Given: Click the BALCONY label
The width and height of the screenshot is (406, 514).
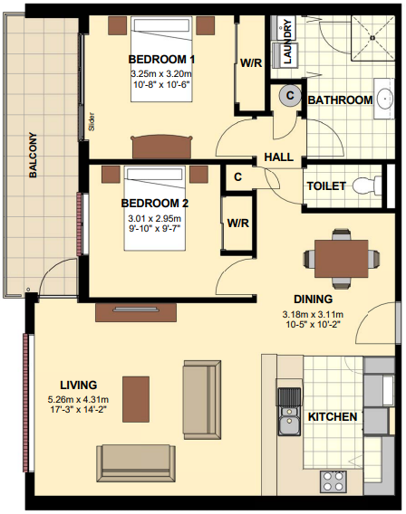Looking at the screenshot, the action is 33,155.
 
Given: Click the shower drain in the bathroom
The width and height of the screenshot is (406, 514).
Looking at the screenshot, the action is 372,37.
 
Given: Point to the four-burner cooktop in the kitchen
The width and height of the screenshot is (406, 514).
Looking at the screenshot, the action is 333,481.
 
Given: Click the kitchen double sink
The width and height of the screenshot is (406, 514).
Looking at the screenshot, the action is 289,412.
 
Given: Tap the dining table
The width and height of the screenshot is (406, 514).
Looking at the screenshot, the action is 341,259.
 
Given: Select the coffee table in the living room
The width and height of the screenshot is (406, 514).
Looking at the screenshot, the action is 136,399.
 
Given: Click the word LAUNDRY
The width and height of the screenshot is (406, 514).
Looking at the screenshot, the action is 287,42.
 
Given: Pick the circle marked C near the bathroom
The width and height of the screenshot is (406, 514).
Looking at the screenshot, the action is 290,96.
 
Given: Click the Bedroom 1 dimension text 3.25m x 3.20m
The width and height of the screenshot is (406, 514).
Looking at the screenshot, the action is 161,73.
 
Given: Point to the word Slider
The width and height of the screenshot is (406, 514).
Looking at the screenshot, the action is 92,122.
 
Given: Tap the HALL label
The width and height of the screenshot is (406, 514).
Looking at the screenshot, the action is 279,157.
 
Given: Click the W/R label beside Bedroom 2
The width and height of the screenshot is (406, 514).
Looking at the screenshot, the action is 238,224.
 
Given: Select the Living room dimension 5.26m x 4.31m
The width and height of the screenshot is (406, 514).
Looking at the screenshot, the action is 78,400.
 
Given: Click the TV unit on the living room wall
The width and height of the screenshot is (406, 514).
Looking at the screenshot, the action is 136,312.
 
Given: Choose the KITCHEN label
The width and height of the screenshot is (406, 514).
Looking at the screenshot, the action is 333,416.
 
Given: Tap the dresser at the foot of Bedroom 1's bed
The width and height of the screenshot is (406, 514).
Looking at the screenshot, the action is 161,148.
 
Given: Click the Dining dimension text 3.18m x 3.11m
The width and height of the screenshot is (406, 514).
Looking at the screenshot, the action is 314,315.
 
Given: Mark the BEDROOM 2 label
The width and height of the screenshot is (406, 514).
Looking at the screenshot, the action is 155,204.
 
